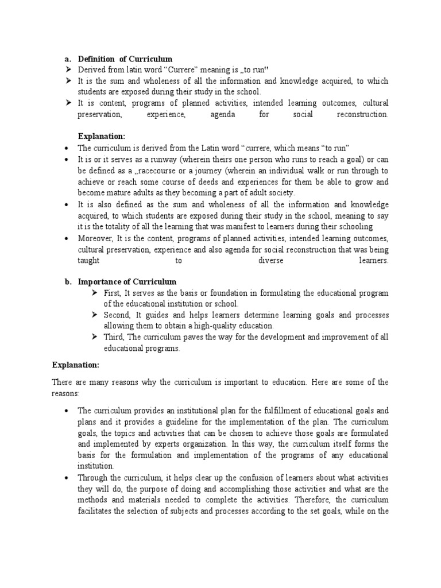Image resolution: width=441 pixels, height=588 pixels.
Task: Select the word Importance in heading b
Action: [x=100, y=282]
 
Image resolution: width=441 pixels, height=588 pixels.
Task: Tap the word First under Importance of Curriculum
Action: [x=112, y=293]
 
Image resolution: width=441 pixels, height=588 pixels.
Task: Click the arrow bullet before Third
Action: [x=95, y=338]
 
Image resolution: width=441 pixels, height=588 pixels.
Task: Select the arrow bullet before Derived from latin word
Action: [x=68, y=70]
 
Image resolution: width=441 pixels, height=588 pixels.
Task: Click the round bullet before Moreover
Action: [x=68, y=238]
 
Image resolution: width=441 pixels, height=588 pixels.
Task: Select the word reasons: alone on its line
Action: [x=64, y=393]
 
